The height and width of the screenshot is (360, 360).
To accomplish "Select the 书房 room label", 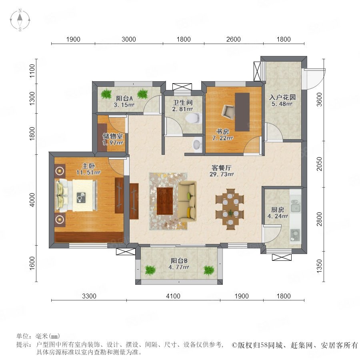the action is click(222, 132).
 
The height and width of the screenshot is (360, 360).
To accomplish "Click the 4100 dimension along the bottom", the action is click(173, 296).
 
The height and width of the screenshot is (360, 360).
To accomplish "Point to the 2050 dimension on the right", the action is click(319, 164).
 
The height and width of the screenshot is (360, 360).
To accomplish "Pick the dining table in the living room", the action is click(230, 209).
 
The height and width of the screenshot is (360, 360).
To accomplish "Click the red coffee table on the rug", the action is click(165, 201).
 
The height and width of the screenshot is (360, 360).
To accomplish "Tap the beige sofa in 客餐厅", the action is click(187, 201).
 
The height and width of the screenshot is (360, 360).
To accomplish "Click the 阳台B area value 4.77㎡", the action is click(179, 267).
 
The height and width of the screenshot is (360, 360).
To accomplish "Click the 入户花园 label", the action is click(282, 97).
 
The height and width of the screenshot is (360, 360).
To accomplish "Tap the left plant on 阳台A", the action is click(106, 94).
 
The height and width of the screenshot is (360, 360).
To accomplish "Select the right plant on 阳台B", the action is click(209, 270).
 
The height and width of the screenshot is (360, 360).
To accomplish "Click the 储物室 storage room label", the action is click(112, 136).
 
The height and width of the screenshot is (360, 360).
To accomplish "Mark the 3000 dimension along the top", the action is click(128, 39).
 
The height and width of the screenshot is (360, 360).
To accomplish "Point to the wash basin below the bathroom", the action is click(197, 144).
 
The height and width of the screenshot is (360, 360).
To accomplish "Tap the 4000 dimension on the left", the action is click(32, 200).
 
